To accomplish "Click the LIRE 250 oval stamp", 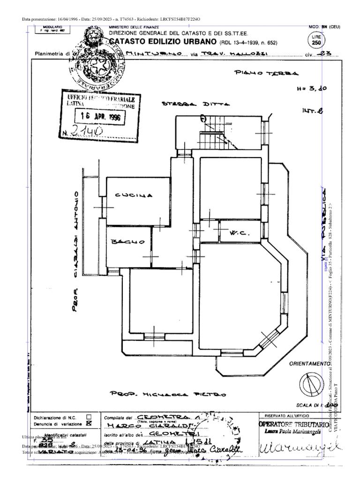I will click(x=316, y=40).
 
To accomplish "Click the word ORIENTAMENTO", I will click(x=310, y=364).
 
